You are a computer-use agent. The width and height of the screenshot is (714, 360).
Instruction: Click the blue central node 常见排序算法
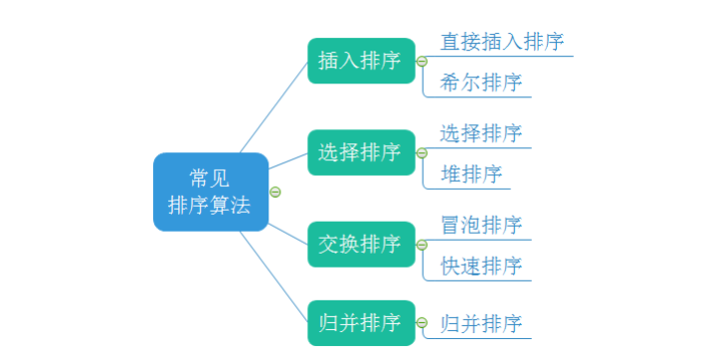211,192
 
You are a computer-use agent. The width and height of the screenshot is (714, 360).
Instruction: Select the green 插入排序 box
361,61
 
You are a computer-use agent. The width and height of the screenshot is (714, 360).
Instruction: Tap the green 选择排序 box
361,152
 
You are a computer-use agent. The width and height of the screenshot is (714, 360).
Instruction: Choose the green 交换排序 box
361,244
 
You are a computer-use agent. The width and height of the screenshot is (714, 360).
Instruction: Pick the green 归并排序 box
361,323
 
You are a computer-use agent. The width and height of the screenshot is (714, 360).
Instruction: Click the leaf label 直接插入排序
502,42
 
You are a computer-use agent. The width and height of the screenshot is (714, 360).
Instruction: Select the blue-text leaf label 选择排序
480,133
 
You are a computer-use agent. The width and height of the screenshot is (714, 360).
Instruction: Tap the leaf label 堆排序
470,174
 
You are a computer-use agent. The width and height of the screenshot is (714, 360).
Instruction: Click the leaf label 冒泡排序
480,225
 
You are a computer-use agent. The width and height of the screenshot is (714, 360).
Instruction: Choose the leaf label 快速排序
480,266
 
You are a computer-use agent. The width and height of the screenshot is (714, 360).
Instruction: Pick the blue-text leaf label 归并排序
480,323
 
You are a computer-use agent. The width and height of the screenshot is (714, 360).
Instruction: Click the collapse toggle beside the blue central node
275,192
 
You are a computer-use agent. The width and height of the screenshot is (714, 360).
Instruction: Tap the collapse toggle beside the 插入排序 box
422,62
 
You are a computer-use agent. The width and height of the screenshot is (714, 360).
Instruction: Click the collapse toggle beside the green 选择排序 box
422,153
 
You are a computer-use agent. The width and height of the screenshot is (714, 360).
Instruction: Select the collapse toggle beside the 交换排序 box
422,245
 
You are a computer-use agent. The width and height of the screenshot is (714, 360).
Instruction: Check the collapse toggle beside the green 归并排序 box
422,324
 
